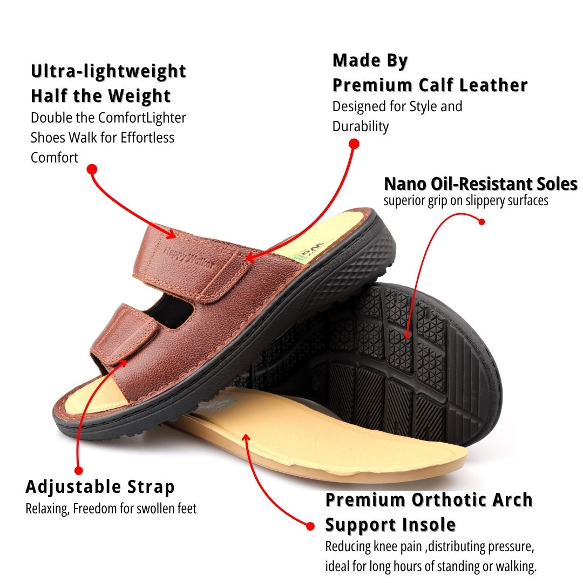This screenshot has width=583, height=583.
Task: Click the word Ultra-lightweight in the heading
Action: coord(109,71)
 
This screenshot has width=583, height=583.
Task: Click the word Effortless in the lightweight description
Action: coord(147,138)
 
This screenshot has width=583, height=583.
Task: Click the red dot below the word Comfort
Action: coord(92,170)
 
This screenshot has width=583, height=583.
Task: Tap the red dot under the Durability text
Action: coord(354,144)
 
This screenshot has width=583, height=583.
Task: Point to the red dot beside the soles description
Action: coord(482,221)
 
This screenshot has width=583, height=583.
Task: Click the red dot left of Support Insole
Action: coord(310,525)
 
